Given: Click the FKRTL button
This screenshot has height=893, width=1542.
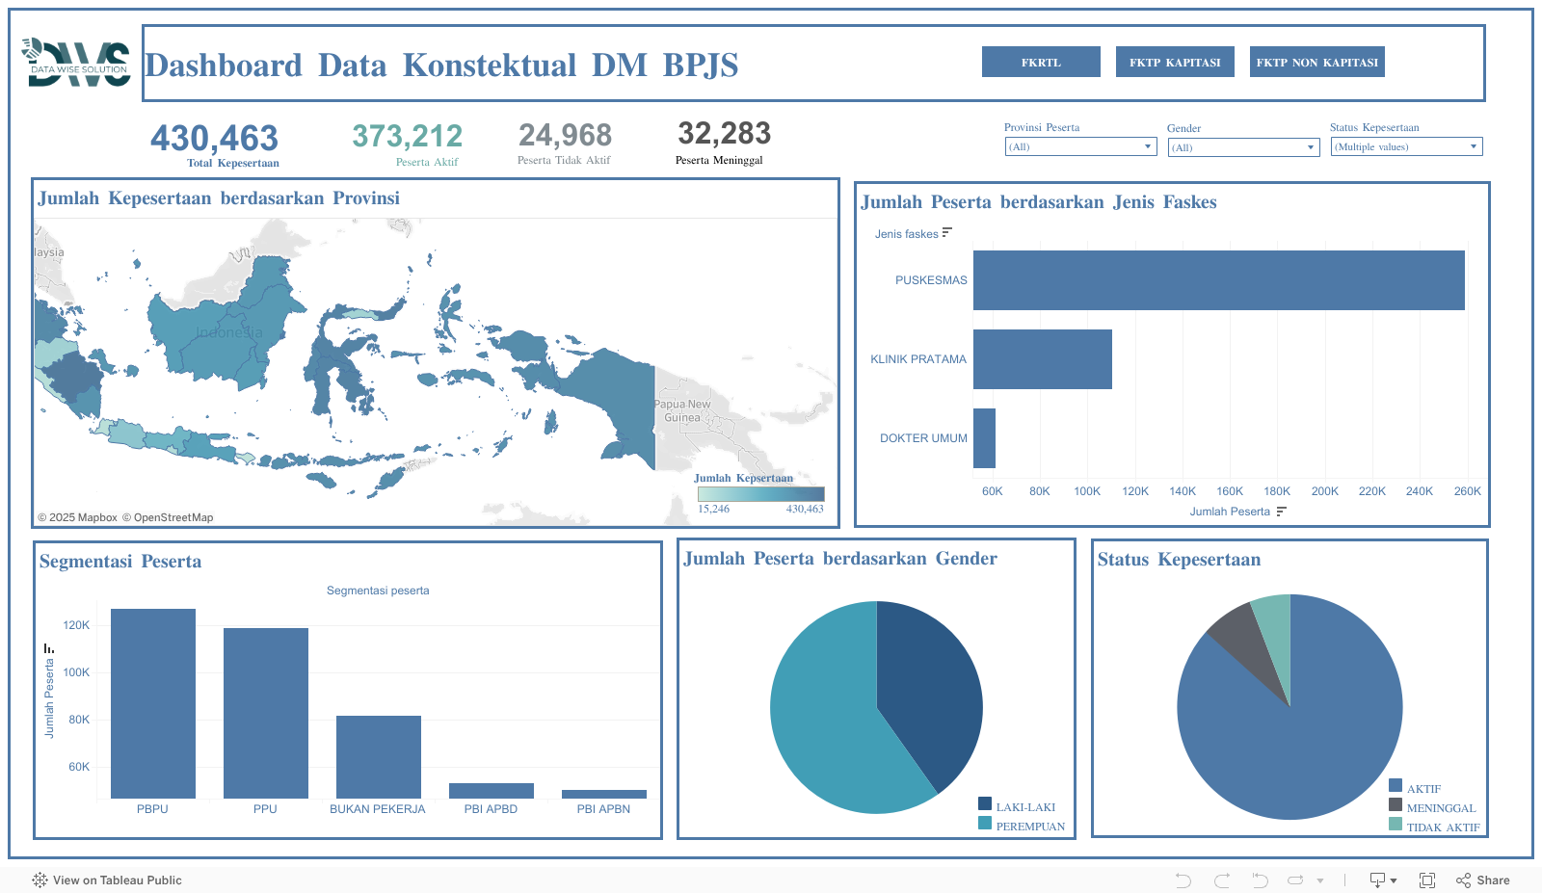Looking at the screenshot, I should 1041,62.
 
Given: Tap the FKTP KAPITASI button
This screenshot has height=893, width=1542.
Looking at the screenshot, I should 1175,62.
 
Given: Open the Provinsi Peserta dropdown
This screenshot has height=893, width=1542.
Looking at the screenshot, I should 1079,146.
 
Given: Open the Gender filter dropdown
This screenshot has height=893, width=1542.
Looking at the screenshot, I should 1243,147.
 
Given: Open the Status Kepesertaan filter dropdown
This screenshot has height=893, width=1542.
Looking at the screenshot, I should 1406,146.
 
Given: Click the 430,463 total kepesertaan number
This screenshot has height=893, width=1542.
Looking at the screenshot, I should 214,139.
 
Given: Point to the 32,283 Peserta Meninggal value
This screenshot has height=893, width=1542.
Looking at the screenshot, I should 724,133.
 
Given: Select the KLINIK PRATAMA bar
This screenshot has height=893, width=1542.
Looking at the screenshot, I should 1042,359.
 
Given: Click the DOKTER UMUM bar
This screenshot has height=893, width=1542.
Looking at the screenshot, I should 984,438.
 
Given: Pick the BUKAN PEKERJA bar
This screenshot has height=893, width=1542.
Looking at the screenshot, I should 379,756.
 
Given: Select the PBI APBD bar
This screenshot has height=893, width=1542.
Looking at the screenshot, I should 492,791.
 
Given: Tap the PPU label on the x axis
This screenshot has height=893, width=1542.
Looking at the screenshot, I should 265,809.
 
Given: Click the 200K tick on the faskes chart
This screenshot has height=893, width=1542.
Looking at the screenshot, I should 1324,491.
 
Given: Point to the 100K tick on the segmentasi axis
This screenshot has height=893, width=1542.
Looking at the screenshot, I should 76,672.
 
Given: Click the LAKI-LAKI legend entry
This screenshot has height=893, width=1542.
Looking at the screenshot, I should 1024,807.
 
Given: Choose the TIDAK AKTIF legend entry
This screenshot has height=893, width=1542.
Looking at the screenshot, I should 1442,827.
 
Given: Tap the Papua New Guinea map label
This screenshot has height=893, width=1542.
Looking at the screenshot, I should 682,410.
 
